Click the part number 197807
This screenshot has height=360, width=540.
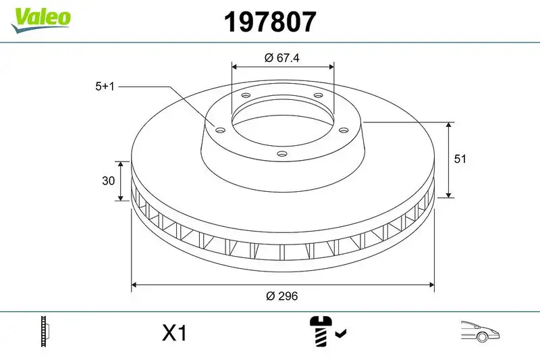coord(269,22)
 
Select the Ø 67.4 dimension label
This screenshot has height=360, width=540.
coord(281,58)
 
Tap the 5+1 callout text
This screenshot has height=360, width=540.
coord(106,86)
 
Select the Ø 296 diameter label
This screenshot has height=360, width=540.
coord(282,296)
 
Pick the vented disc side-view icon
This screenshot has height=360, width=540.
coord(47,332)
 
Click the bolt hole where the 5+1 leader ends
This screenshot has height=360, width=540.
coord(219,130)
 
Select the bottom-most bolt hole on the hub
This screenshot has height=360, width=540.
coord(281,155)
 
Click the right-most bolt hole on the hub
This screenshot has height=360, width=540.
coord(343,130)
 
